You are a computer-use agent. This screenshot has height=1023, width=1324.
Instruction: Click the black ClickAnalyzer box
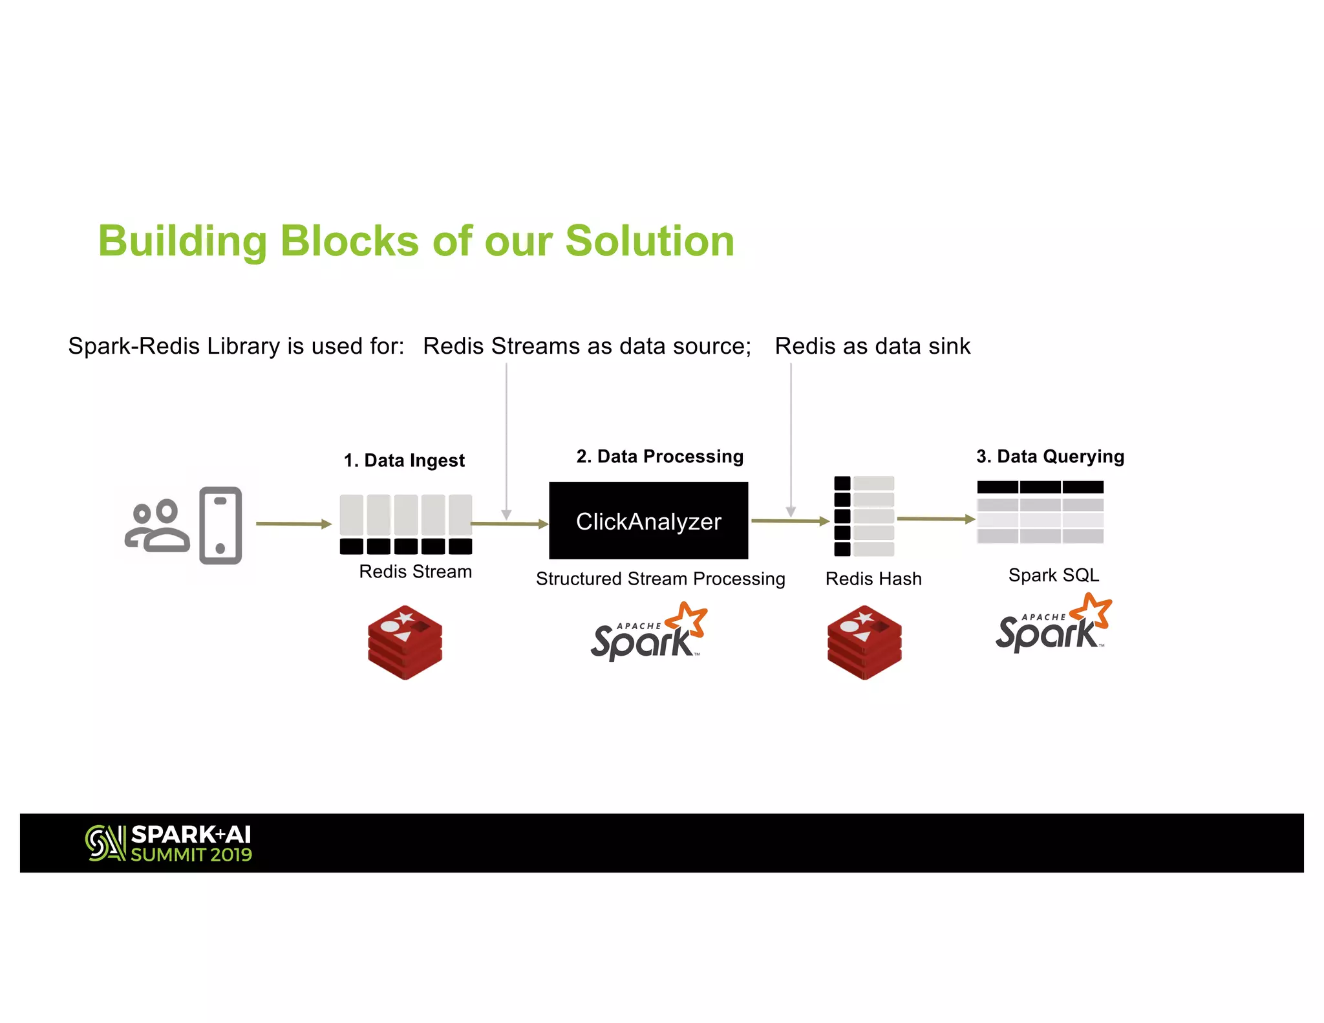tap(648, 521)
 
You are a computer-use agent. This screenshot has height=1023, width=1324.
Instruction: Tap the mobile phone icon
tap(220, 526)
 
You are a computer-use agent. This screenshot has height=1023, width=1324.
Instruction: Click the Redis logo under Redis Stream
tap(405, 642)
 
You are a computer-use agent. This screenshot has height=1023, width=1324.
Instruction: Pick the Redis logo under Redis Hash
tap(864, 642)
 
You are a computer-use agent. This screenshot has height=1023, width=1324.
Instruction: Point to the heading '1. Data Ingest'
tap(404, 460)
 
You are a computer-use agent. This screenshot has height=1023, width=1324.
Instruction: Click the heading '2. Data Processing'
tap(659, 457)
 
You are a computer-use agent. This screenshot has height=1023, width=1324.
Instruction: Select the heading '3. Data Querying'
tap(1050, 457)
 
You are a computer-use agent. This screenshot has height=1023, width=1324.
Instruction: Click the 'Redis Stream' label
tap(415, 572)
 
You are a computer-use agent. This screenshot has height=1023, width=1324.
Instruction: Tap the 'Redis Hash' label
tap(873, 579)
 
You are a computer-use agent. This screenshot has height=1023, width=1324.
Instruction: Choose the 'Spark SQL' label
tap(1053, 575)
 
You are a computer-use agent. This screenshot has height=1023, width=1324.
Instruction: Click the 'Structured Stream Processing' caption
tap(660, 579)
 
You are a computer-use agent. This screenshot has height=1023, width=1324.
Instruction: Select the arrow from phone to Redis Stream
tap(294, 524)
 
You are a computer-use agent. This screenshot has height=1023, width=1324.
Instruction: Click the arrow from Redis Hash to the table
tap(935, 519)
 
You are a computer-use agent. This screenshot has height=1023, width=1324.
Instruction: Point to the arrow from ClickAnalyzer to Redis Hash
tap(789, 521)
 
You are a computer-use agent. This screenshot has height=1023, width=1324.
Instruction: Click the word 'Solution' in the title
tap(650, 241)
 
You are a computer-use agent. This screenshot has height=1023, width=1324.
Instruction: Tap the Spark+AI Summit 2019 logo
tap(169, 843)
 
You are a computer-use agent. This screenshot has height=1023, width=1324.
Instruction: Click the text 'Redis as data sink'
tap(872, 347)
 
